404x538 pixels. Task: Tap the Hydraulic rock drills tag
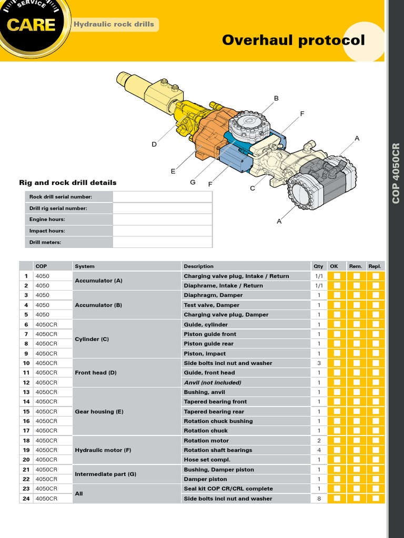(114, 24)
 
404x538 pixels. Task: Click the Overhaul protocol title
(293, 40)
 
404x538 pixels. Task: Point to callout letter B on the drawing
(276, 98)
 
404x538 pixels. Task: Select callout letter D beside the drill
(154, 144)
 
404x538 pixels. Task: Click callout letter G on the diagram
(193, 182)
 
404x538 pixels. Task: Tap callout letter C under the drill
(252, 188)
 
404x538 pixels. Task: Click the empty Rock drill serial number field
(162, 196)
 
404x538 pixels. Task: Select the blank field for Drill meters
(162, 242)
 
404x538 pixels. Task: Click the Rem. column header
(356, 266)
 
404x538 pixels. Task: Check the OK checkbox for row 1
(337, 276)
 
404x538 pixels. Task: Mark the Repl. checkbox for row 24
(376, 499)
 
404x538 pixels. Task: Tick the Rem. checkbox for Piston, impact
(356, 354)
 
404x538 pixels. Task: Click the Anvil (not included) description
(213, 382)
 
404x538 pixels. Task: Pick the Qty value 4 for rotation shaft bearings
(319, 450)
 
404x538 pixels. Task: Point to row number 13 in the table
(26, 392)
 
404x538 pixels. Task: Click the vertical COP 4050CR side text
(396, 173)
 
